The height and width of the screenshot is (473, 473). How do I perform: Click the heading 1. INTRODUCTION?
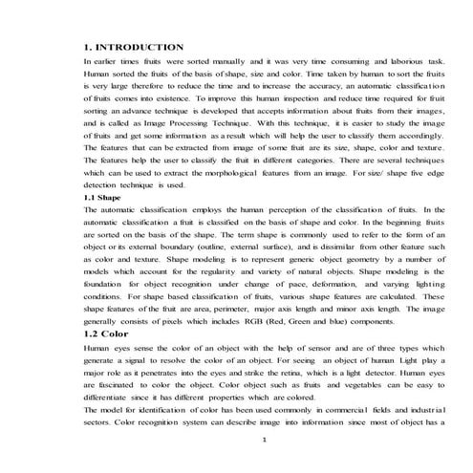click(135, 47)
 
